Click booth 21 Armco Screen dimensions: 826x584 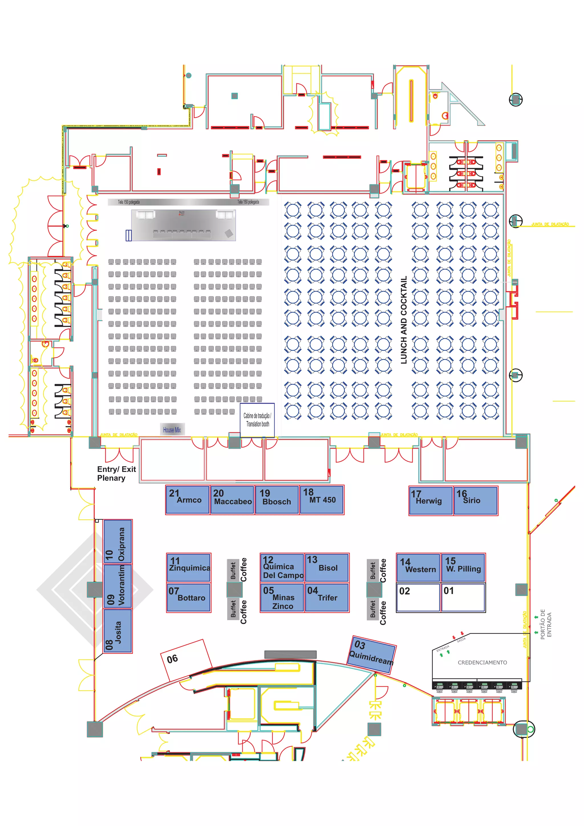pos(187,499)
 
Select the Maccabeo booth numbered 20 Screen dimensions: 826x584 pos(232,499)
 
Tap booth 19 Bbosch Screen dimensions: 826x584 pos(277,499)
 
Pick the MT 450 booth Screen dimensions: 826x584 pos(322,499)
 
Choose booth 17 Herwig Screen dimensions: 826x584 pos(430,501)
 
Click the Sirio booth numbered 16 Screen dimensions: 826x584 pos(475,501)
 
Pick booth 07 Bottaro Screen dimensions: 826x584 pos(188,598)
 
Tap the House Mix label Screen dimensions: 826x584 pos(172,430)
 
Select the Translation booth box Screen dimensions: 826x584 pos(257,420)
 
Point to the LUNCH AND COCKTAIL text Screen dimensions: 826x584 pos(404,320)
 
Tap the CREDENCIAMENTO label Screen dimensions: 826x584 pos(482,662)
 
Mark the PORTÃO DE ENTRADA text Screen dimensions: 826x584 pos(546,623)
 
